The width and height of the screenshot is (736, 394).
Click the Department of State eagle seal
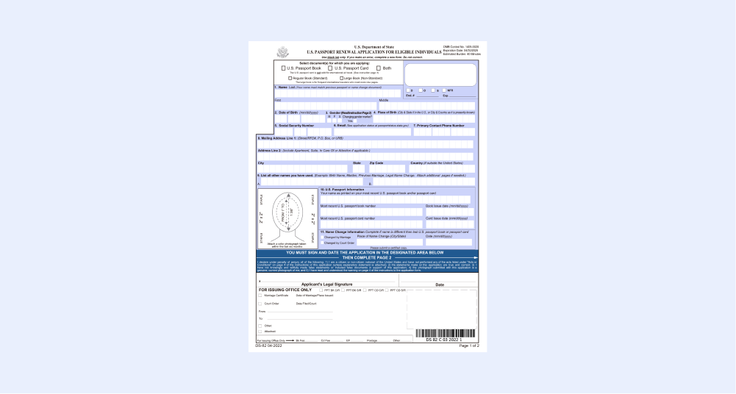(283, 52)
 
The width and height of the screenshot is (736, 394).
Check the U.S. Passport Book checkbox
(284, 68)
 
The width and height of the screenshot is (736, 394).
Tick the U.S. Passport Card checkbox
(331, 68)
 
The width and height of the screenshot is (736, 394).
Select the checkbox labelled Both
(379, 68)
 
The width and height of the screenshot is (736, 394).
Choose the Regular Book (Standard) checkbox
(291, 78)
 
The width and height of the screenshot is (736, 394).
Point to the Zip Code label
(376, 162)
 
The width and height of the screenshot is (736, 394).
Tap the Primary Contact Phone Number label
(440, 126)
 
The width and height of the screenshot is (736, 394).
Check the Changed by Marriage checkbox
(322, 237)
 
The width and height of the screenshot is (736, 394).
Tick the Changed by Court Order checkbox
(322, 243)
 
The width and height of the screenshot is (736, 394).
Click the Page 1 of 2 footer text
(468, 345)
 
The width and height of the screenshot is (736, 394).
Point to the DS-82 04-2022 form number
(271, 345)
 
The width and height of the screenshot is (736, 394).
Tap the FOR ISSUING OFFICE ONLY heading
(285, 290)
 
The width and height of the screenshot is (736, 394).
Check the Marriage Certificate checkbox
(260, 295)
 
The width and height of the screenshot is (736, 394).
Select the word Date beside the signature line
(440, 284)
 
